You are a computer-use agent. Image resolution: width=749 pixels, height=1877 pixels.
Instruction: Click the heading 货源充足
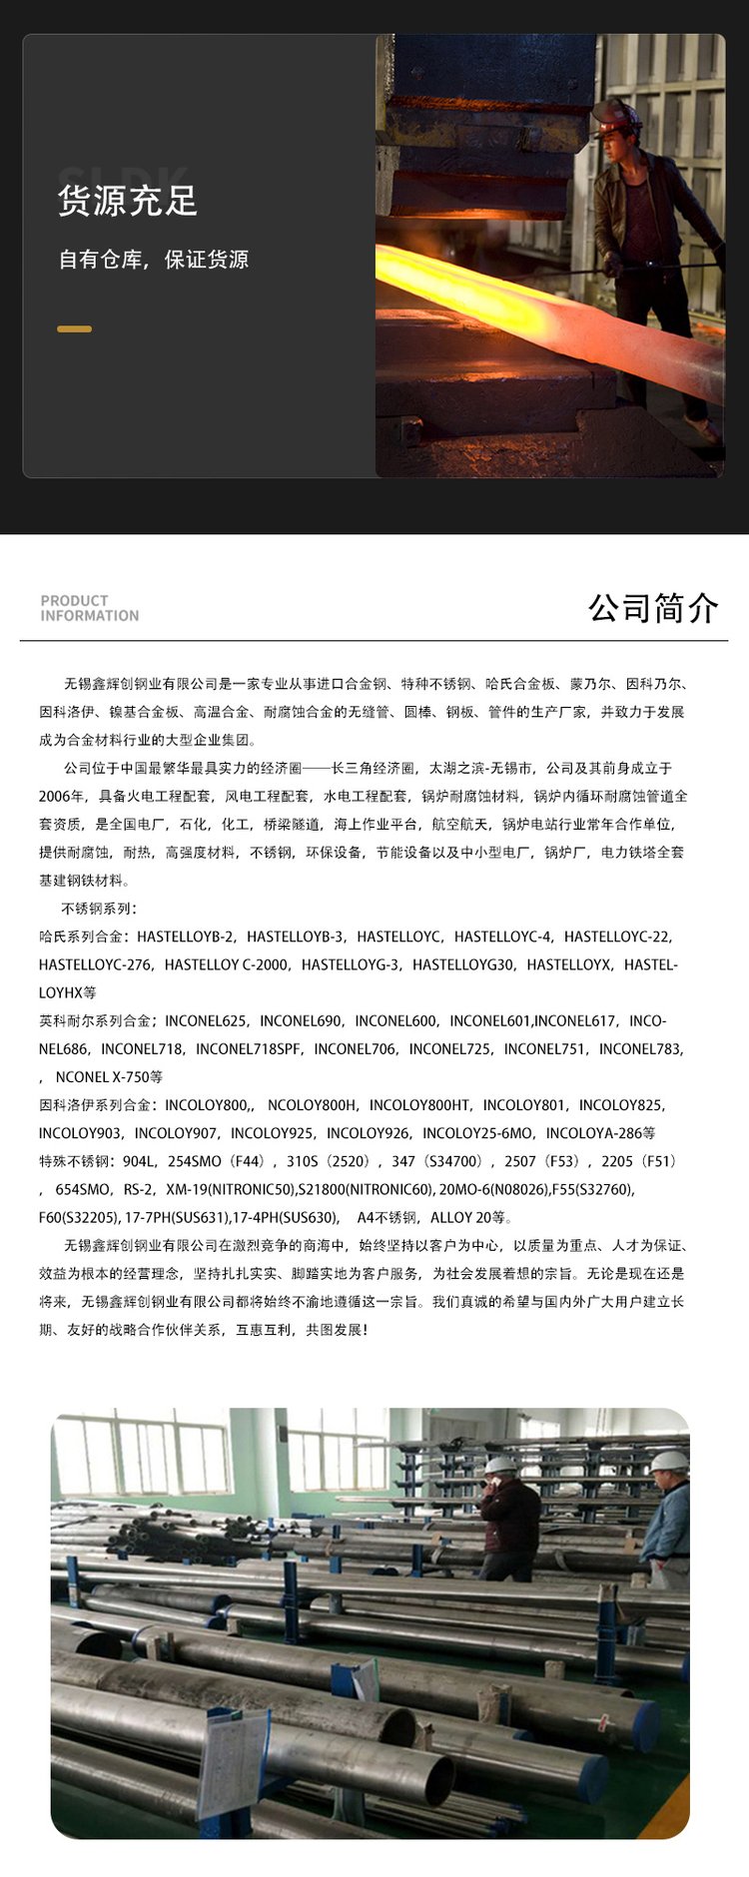point(128,201)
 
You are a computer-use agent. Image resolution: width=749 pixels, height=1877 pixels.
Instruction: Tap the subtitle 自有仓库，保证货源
point(153,260)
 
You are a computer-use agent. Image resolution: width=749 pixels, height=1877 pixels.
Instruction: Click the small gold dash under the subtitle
point(74,328)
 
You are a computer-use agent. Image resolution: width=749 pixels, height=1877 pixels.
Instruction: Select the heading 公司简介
point(653,607)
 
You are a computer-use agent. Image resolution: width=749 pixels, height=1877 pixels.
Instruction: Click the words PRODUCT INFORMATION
point(89,608)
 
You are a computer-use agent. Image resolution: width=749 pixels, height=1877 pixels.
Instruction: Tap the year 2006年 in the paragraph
point(62,797)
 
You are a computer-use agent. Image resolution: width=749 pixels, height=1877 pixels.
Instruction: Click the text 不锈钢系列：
point(99,909)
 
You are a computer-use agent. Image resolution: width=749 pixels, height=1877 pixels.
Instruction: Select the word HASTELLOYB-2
point(185,937)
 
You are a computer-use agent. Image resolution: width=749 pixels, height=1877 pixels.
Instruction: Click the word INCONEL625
point(206,1020)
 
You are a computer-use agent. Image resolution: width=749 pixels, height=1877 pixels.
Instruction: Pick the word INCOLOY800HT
point(419,1104)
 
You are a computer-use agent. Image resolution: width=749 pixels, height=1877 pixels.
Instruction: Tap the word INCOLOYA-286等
point(600,1133)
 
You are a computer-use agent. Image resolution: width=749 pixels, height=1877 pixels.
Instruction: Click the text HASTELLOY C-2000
point(226,964)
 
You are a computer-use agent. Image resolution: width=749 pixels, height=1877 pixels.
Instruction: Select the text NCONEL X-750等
point(109,1077)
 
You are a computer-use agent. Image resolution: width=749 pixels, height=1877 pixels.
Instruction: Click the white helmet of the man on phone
point(500,1465)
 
